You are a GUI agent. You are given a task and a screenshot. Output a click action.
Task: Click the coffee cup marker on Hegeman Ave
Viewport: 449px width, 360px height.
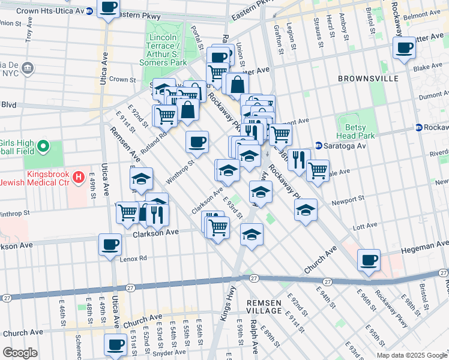click(369, 260)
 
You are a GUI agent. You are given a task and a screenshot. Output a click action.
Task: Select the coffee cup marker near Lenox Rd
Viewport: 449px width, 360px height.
click(110, 245)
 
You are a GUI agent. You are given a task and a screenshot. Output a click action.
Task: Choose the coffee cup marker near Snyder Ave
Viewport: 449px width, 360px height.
click(115, 345)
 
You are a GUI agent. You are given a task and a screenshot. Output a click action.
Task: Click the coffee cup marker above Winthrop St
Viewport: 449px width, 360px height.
click(197, 143)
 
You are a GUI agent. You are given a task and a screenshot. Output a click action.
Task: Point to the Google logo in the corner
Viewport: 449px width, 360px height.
click(20, 352)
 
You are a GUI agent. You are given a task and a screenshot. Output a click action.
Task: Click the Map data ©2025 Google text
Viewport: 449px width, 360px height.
click(412, 355)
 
